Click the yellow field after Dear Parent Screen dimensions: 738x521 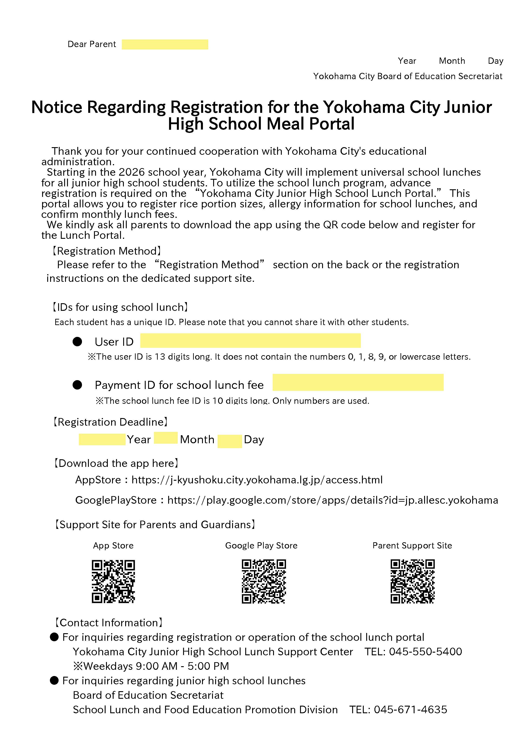(x=165, y=44)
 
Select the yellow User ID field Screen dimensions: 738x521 (x=250, y=340)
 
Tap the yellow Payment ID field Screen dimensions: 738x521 (x=358, y=382)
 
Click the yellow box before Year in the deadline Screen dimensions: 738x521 (x=102, y=439)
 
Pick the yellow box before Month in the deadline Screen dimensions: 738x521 (x=165, y=438)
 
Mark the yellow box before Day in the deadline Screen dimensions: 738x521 (x=229, y=441)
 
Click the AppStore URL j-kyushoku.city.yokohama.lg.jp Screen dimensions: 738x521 (x=257, y=480)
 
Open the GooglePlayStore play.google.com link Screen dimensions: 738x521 (x=333, y=500)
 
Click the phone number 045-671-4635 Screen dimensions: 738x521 (x=410, y=709)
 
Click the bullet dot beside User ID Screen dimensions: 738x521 (x=77, y=341)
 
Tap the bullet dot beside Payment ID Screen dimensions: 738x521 (x=77, y=385)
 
